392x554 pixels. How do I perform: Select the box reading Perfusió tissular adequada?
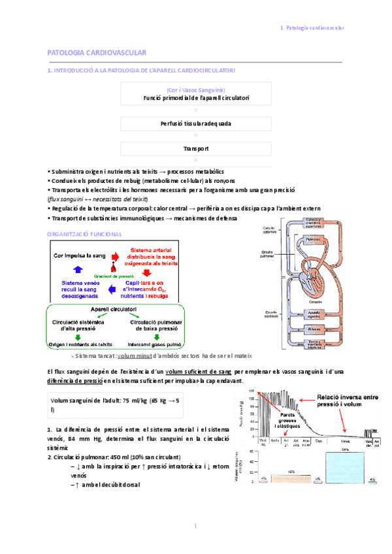(x=196, y=123)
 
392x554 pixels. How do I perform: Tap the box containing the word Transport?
(x=196, y=149)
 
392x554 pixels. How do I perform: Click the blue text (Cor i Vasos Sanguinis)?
(x=196, y=90)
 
